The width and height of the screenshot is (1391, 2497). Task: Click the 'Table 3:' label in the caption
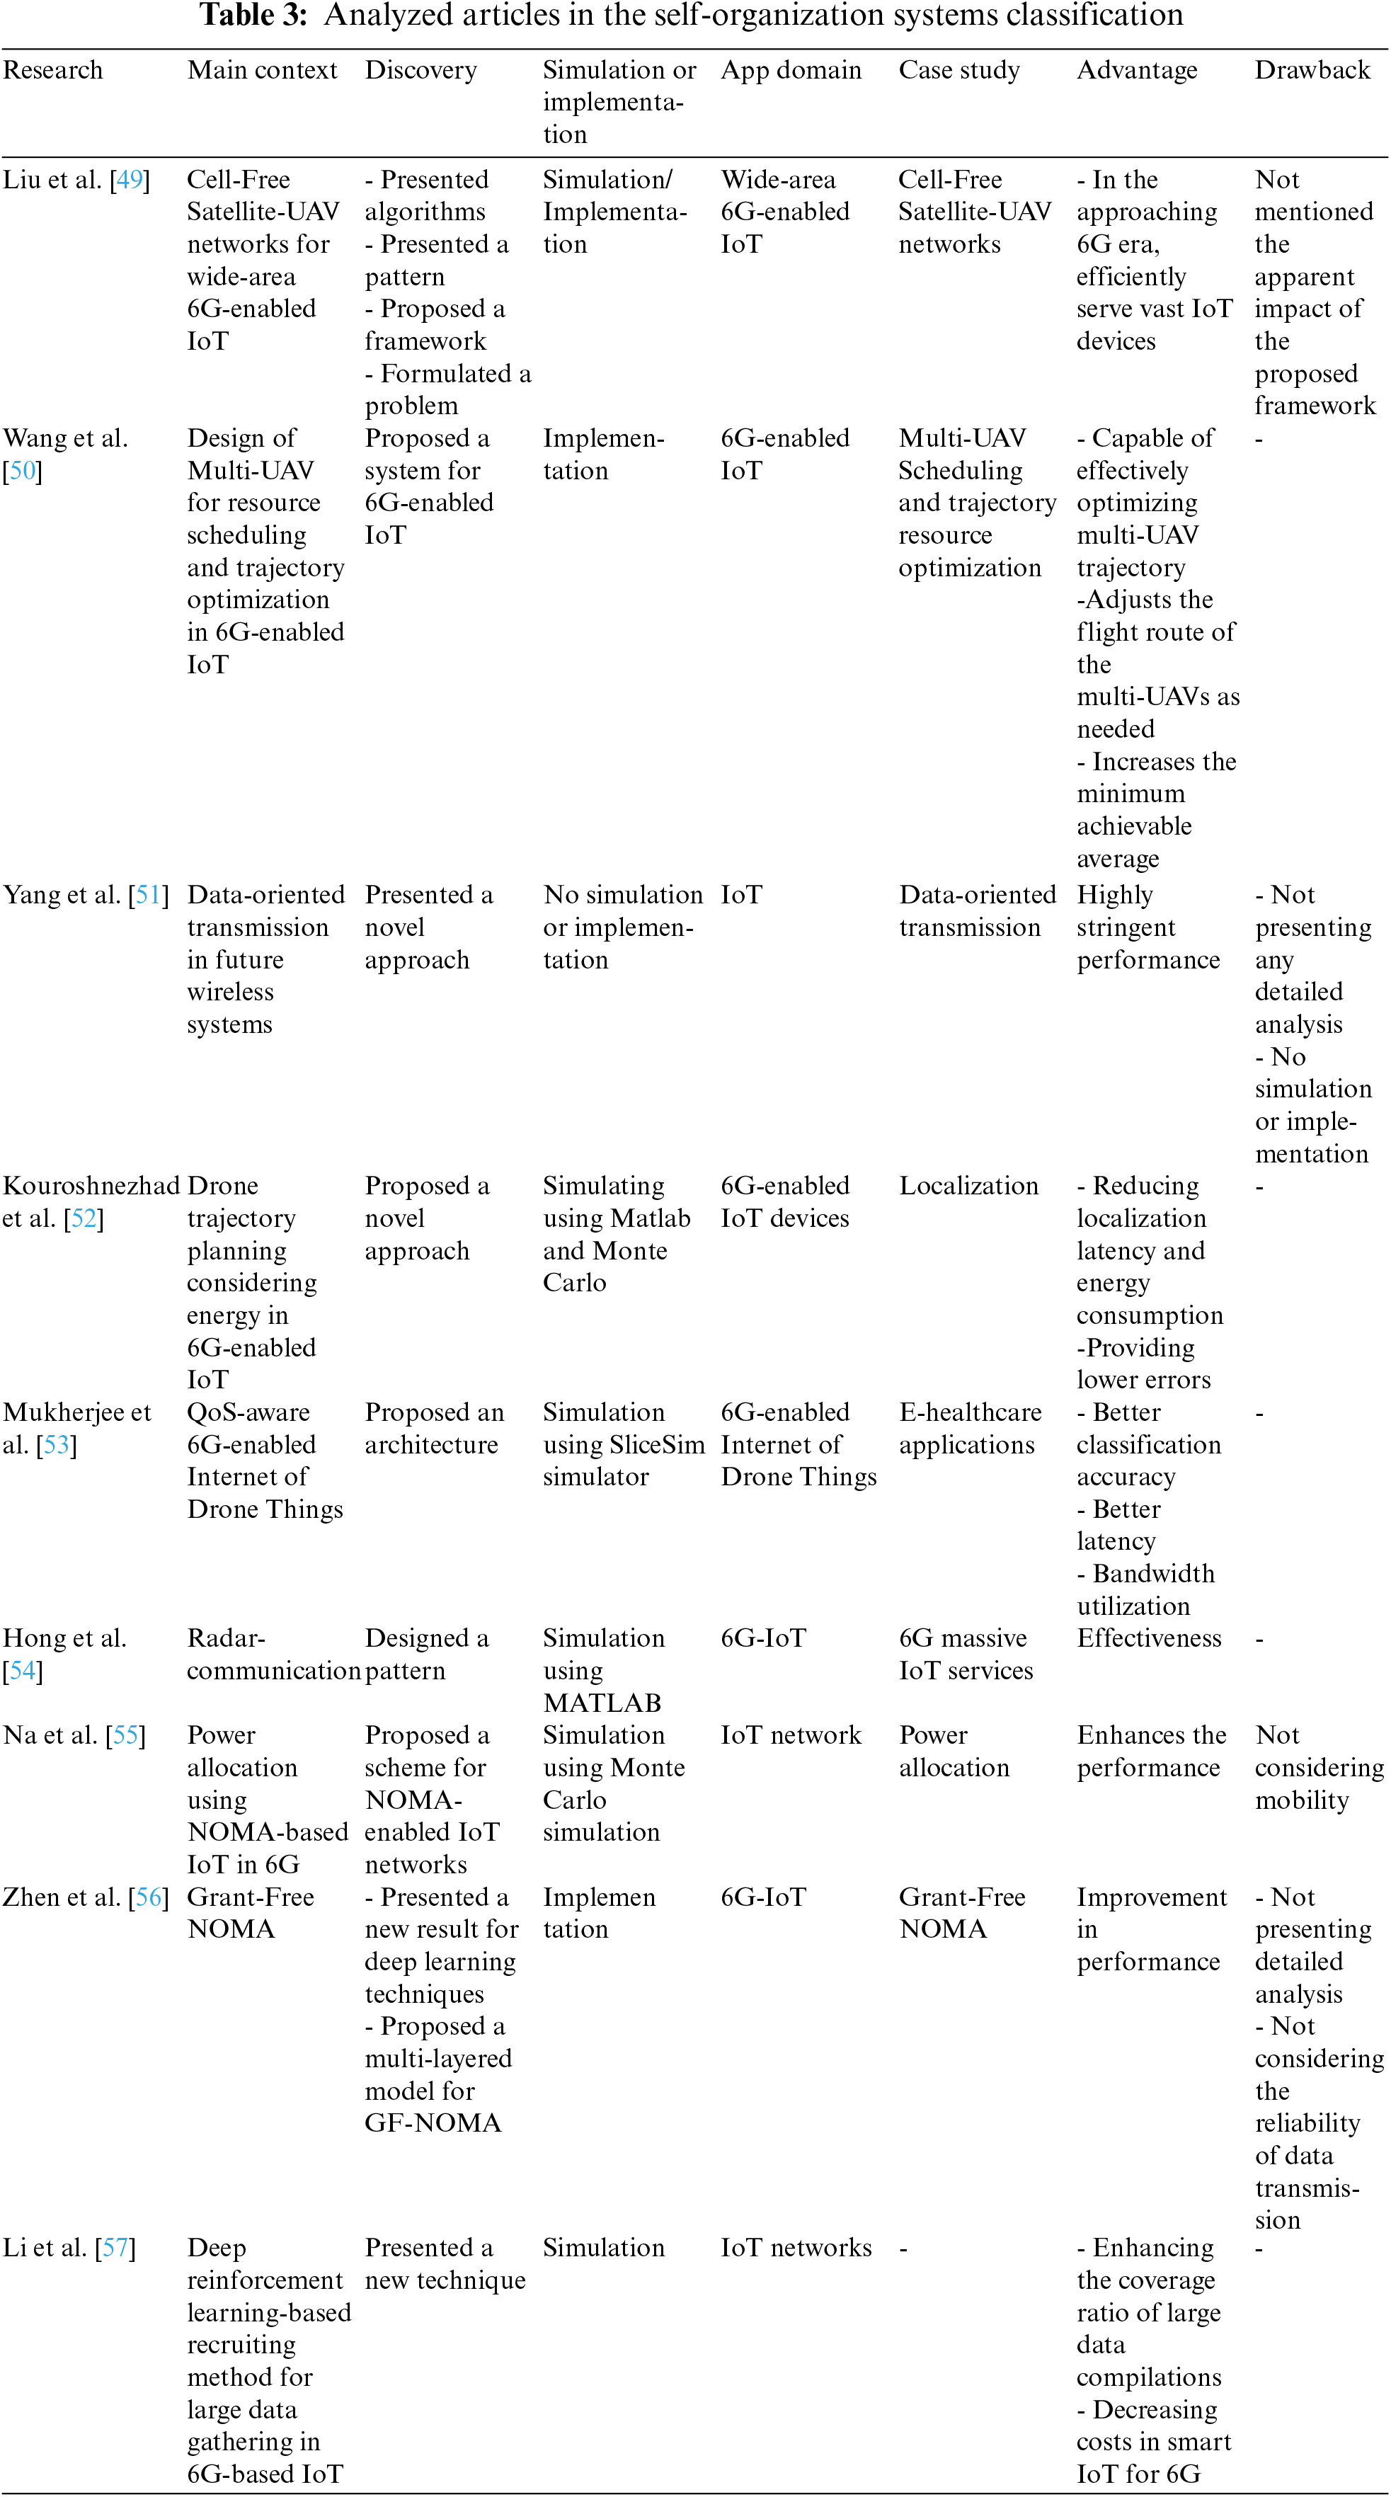[x=253, y=16]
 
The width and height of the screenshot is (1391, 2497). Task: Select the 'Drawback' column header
[x=1312, y=70]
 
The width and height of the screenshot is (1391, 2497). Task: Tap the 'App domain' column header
[x=790, y=70]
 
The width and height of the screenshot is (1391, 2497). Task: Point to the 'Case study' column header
[x=958, y=70]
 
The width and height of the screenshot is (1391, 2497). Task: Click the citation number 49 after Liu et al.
[x=130, y=179]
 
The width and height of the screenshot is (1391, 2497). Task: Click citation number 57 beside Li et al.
[x=115, y=2248]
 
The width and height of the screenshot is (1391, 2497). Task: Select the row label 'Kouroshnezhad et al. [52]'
[x=90, y=1202]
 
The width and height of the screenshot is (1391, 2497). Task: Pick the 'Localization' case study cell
[x=968, y=1186]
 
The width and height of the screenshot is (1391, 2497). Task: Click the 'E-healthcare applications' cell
[x=969, y=1428]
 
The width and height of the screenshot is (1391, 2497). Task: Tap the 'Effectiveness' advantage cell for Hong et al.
[x=1149, y=1638]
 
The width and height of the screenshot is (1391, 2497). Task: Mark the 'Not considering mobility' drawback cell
[x=1318, y=1767]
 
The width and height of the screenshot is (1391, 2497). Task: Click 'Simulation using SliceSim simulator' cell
[x=622, y=1444]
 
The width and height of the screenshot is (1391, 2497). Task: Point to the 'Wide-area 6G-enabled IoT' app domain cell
[x=784, y=211]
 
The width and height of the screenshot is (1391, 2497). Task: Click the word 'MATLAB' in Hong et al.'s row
[x=602, y=1703]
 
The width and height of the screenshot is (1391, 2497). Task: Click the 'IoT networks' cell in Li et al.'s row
[x=796, y=2248]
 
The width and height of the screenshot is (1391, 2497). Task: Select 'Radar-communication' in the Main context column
[x=273, y=1654]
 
